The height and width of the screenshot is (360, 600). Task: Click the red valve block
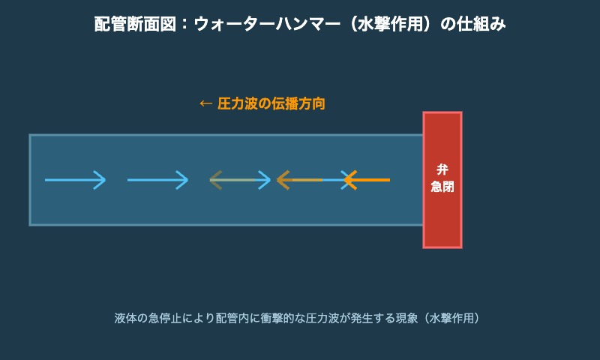442,217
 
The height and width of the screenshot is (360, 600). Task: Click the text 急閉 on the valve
442,187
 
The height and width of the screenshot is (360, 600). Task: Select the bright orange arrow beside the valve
367,180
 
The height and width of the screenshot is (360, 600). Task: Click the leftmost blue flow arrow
75,180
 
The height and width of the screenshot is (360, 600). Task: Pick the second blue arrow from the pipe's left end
157,180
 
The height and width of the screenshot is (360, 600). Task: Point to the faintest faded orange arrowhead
216,180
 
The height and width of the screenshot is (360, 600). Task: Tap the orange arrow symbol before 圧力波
205,103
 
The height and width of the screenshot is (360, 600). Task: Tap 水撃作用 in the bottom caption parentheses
451,318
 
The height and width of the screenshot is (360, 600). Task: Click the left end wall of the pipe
30,180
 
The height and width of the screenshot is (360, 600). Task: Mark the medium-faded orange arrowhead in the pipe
283,180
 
